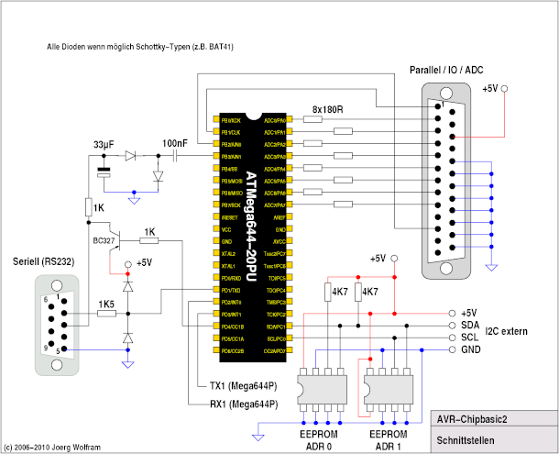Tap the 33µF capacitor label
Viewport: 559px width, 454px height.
click(104, 145)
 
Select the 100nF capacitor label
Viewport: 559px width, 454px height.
click(176, 144)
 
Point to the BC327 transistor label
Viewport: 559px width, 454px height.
click(104, 240)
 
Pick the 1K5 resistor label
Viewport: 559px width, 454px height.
click(106, 303)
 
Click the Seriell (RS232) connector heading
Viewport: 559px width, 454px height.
click(40, 261)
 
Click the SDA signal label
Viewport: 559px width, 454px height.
click(472, 325)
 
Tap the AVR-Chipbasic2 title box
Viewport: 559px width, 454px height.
click(492, 419)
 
